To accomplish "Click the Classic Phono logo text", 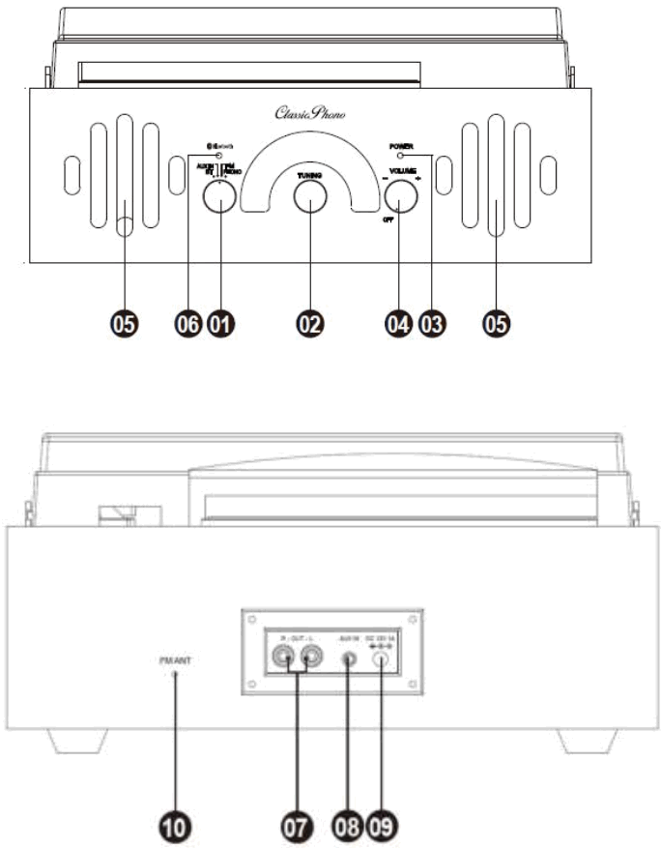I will [310, 113].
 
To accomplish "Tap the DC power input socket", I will [384, 663].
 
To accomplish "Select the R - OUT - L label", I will [295, 640].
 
